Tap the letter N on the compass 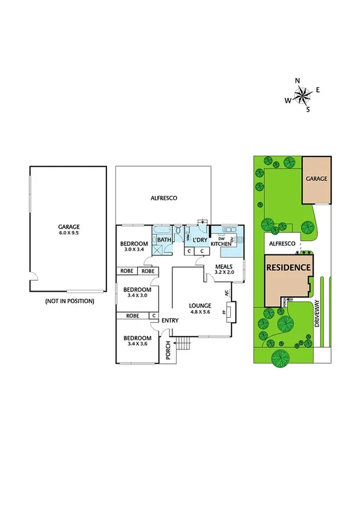click(x=297, y=80)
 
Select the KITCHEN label click(x=221, y=244)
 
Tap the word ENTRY click(x=170, y=320)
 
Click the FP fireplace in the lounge click(x=224, y=313)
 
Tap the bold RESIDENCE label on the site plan click(x=289, y=267)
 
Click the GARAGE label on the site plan click(x=316, y=179)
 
